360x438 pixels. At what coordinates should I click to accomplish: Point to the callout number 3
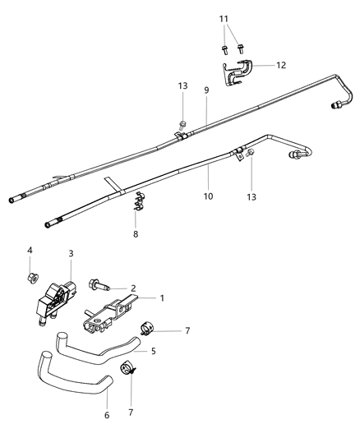click(x=71, y=254)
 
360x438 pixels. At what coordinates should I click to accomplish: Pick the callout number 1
click(x=162, y=298)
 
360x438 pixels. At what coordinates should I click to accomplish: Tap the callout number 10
click(x=209, y=196)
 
